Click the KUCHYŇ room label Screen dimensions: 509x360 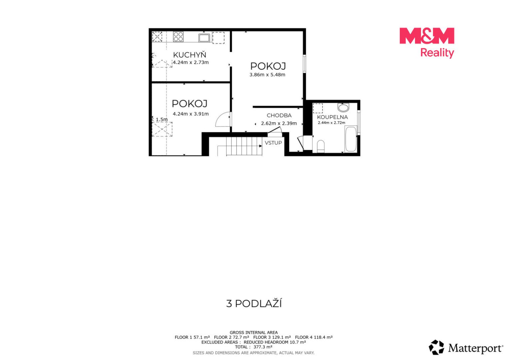coord(190,55)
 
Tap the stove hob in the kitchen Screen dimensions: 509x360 coord(178,37)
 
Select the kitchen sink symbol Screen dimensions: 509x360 coord(204,38)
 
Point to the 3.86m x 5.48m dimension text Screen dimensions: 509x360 coord(267,75)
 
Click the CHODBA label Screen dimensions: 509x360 coord(279,116)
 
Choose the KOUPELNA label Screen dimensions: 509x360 coord(332,117)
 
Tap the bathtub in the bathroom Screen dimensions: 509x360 coord(351,139)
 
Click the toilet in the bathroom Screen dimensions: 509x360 coord(321,147)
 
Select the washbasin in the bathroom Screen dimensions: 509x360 coord(343,107)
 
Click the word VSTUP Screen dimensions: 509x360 coord(273,143)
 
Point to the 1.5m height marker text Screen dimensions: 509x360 coord(162,119)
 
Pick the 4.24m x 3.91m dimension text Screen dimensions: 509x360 coord(191,114)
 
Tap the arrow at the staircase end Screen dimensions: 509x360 coord(260,146)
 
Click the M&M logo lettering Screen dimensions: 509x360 coord(427,36)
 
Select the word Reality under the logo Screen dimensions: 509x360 coord(437,53)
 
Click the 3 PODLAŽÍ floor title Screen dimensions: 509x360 coord(254,304)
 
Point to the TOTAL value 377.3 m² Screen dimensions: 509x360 coord(263,347)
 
